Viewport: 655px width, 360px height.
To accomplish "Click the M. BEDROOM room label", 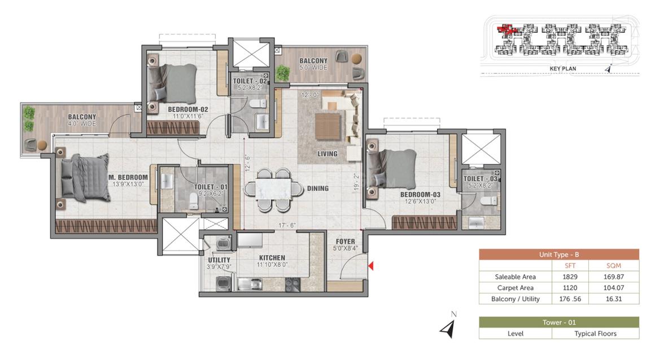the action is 128,177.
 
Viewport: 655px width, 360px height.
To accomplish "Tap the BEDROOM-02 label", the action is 188,109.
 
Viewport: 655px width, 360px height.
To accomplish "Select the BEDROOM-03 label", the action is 420,194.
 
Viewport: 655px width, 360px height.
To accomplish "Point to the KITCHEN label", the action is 272,258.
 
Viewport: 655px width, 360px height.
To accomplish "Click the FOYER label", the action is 346,242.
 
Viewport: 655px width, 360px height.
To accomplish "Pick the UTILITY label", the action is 219,260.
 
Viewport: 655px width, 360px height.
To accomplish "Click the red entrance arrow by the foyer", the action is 370,266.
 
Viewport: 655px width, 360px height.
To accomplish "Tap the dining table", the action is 273,189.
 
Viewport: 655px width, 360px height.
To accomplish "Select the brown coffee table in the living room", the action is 328,126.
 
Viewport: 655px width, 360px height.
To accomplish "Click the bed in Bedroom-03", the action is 391,169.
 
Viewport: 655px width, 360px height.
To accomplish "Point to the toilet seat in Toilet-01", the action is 194,200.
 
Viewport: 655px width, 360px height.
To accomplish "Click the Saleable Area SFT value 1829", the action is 570,276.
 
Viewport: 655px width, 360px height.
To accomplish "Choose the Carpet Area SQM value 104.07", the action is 614,288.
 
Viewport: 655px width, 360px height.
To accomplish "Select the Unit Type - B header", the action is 559,254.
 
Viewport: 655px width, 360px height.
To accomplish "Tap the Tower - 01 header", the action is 559,322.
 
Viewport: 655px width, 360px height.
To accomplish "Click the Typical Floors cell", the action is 595,333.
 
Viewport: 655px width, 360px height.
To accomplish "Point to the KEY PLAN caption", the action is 563,68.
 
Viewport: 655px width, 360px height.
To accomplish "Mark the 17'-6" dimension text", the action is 287,226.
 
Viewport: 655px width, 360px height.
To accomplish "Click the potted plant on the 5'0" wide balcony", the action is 283,73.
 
